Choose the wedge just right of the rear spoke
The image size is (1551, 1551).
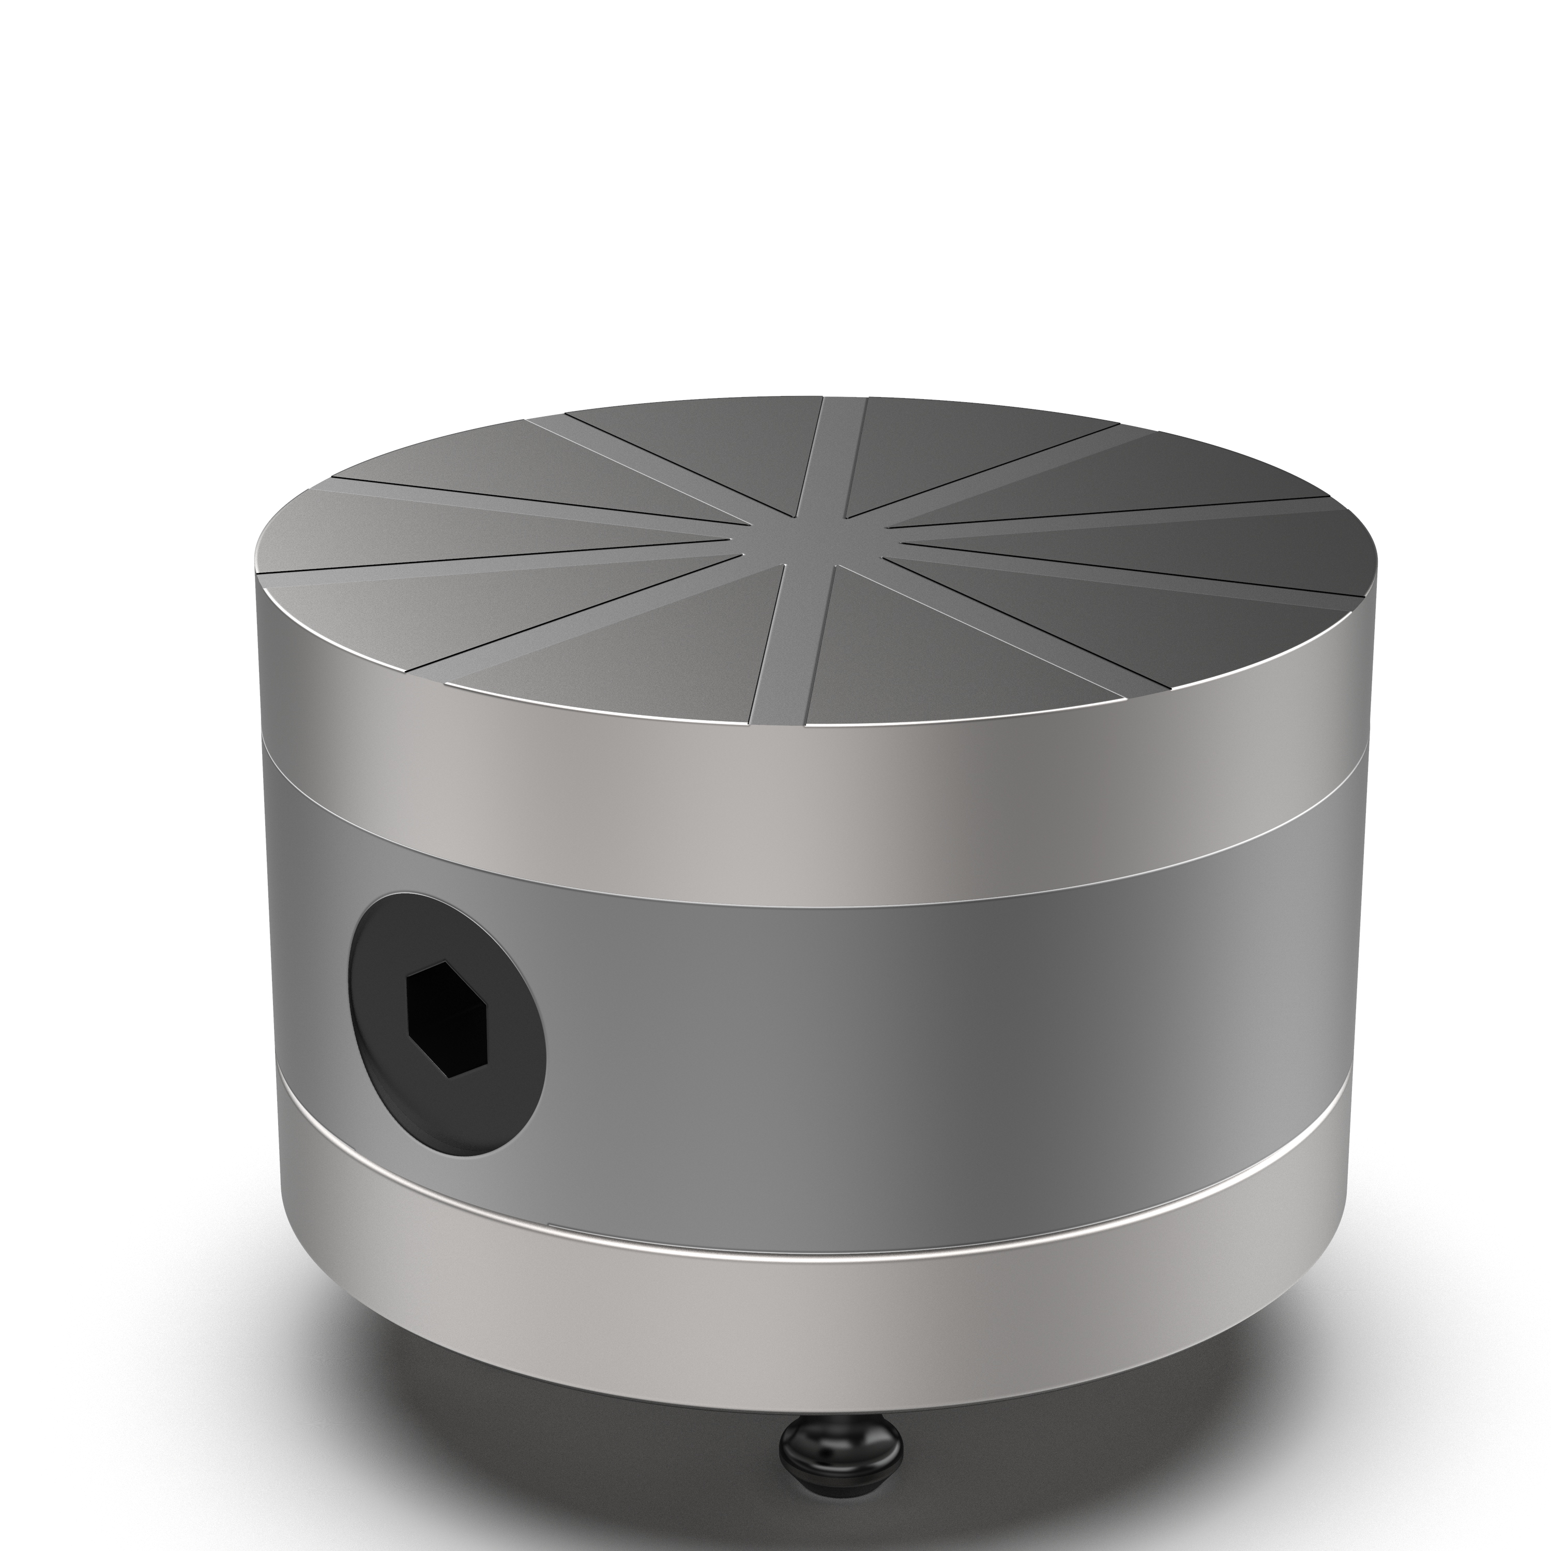pyautogui.click(x=963, y=450)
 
